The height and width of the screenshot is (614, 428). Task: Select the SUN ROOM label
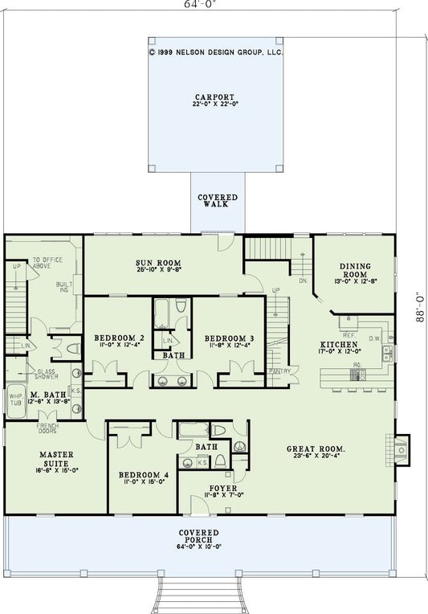tap(157, 263)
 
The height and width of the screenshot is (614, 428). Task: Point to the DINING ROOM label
tap(353, 270)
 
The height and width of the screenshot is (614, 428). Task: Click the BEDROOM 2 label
tap(119, 337)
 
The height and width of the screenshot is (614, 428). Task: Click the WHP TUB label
tap(15, 399)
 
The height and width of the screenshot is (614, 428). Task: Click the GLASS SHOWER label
tap(46, 375)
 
